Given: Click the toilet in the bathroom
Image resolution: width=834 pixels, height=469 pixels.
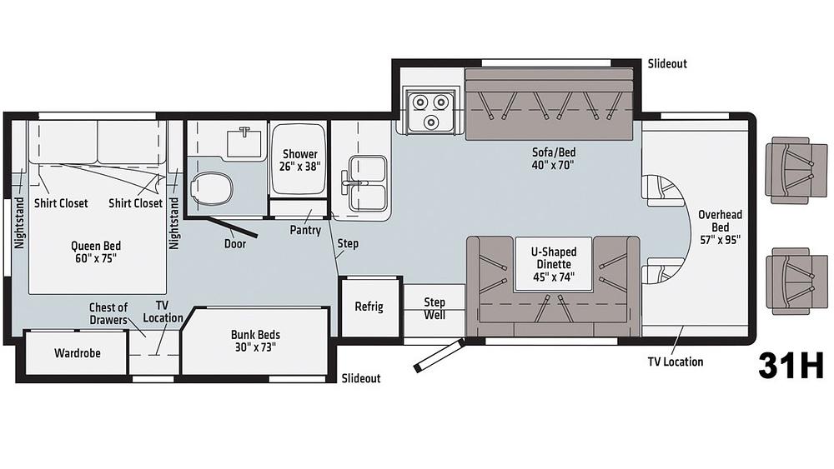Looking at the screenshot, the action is tap(212, 188).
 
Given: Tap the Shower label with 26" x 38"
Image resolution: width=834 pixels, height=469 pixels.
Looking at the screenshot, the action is tap(300, 160).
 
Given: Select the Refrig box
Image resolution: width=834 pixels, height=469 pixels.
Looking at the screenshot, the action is tap(369, 307).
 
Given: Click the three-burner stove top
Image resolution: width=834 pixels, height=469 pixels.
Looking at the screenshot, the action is tap(431, 109).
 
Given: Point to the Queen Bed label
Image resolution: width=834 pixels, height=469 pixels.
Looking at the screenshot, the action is tap(96, 252).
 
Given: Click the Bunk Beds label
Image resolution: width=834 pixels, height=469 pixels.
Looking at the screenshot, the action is tap(255, 341).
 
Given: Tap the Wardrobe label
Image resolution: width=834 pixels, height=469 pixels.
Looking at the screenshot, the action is tap(77, 353).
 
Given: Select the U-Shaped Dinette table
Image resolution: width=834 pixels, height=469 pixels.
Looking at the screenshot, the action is tap(554, 264).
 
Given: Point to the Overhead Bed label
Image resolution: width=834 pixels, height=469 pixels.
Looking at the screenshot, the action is tap(721, 227).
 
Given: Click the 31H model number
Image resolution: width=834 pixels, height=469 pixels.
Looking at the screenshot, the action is tap(791, 366).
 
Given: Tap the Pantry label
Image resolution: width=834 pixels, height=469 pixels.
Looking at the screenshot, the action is tap(305, 231).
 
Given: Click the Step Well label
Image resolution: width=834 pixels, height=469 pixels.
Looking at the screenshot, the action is tap(435, 308).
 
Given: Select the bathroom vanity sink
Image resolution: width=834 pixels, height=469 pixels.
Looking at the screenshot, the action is tap(244, 141).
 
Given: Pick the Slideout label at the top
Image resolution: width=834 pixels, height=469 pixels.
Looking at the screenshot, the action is tap(667, 64).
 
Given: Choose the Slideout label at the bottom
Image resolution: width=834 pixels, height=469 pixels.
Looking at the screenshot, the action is tap(360, 378).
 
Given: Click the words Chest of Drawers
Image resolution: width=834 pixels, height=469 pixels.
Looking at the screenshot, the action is tap(108, 314).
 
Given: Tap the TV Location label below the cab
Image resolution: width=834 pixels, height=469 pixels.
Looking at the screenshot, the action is tap(675, 362).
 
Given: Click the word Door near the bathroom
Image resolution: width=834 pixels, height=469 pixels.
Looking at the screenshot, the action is tap(235, 244).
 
